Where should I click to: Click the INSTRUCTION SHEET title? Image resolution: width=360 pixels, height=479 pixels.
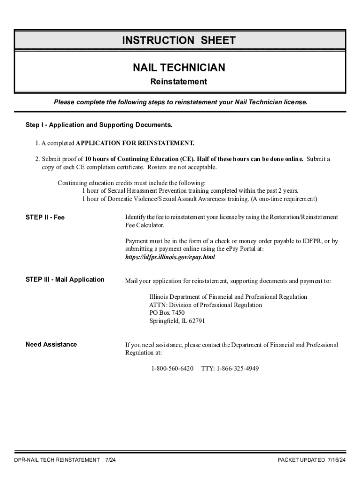(179, 41)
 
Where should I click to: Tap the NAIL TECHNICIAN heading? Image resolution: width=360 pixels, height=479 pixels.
(179, 68)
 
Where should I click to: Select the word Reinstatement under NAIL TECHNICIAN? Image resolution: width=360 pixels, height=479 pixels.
(179, 82)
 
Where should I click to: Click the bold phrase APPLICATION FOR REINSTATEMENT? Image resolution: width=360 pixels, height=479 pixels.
(135, 143)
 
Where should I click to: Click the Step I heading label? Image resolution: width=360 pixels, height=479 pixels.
(99, 125)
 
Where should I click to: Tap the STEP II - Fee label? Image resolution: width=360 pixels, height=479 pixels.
(45, 217)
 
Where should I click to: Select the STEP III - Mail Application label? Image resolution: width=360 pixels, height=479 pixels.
(65, 280)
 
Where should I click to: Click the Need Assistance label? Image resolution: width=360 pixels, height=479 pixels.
(51, 345)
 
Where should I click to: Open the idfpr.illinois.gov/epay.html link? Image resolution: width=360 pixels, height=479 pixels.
(170, 257)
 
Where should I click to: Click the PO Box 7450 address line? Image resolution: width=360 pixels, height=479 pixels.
(167, 313)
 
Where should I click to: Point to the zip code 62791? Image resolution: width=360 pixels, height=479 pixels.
(196, 321)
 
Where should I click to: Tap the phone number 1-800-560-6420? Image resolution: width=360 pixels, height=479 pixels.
(172, 369)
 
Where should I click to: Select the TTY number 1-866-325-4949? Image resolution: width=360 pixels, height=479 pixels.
(238, 369)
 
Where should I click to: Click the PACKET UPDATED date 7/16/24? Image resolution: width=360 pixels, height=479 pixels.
(336, 460)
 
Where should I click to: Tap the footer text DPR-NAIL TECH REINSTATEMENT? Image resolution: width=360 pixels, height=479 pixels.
(57, 460)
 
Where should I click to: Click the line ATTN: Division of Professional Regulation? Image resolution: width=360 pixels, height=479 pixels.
(206, 305)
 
